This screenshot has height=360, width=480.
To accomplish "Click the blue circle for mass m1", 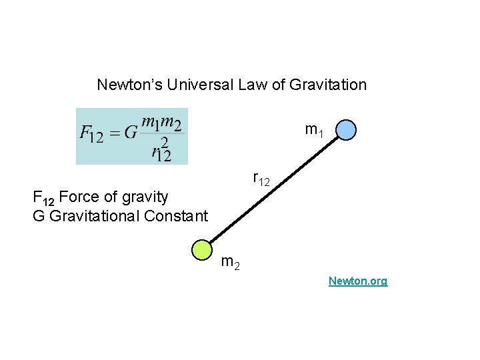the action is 346,129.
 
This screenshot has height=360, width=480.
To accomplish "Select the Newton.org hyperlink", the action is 357,281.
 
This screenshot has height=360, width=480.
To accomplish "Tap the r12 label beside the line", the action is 261,179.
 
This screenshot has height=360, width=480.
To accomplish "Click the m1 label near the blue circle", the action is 314,131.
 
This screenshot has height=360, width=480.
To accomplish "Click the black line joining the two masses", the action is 273,189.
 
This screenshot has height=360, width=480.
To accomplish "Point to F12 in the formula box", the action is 91,133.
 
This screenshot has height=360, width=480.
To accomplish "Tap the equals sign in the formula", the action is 114,133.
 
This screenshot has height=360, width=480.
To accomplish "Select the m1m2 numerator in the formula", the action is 162,123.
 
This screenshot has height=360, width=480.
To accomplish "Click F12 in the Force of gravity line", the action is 44,197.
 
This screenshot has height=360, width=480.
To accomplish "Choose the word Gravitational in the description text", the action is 93,215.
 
